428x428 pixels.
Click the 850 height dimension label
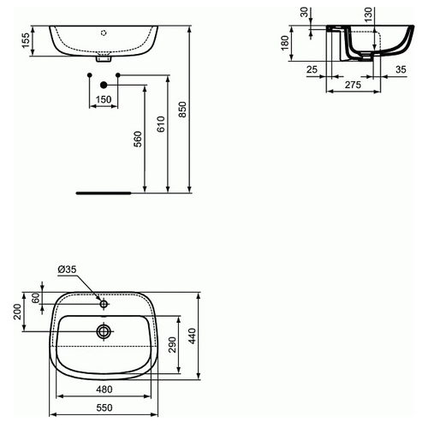pyautogui.click(x=182, y=109)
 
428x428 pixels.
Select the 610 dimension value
pyautogui.click(x=161, y=124)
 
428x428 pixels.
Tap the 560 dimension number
pyautogui.click(x=138, y=139)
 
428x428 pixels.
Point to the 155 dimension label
pyautogui.click(x=26, y=40)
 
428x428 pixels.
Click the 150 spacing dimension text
pyautogui.click(x=104, y=99)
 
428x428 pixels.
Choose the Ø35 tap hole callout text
pyautogui.click(x=67, y=270)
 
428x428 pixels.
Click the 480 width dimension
pyautogui.click(x=104, y=389)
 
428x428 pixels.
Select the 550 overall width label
pyautogui.click(x=104, y=407)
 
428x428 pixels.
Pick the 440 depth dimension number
pyautogui.click(x=193, y=336)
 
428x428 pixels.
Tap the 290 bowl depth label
pyautogui.click(x=172, y=345)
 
